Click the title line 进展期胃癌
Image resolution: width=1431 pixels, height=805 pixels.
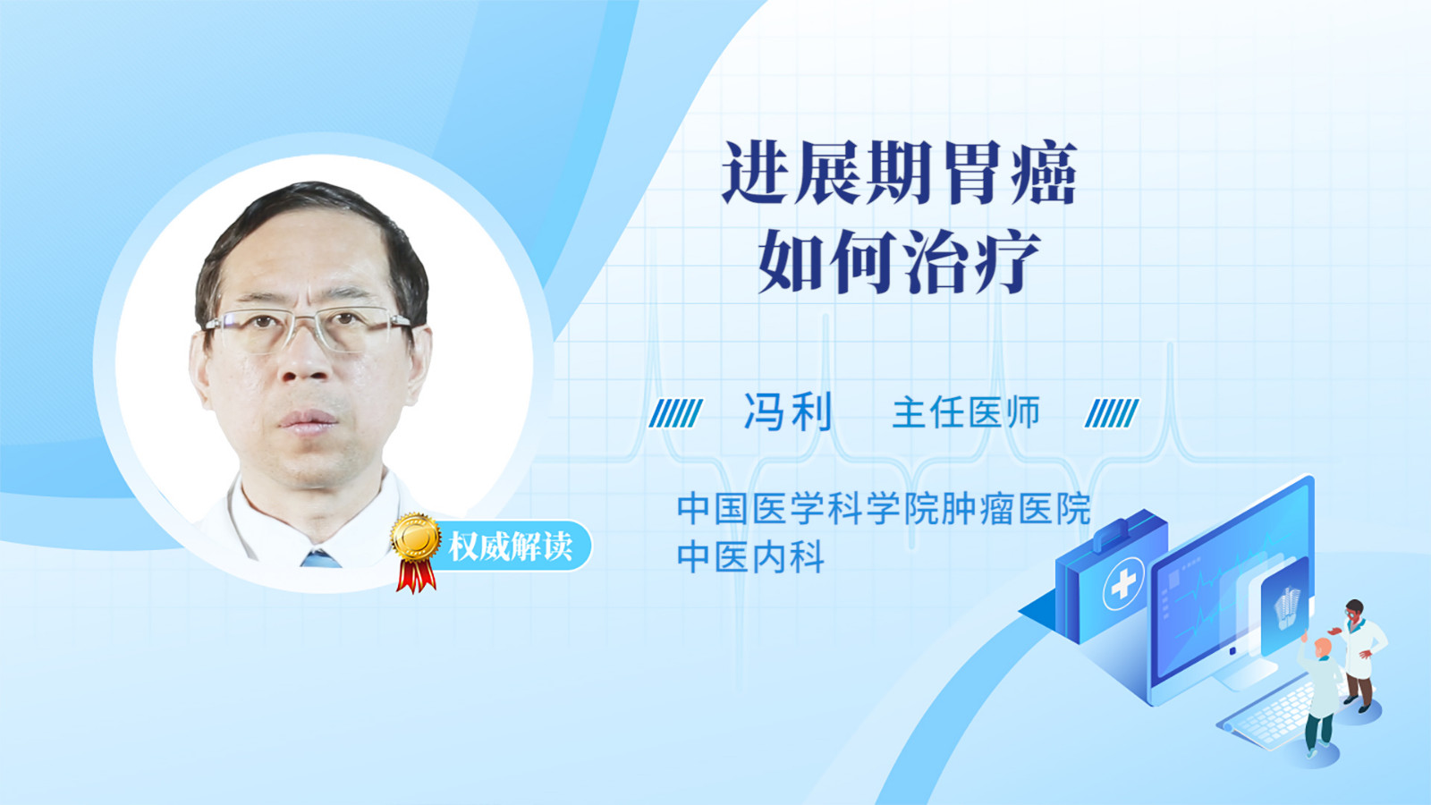[900, 173]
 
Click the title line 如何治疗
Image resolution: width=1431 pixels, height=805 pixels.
[900, 261]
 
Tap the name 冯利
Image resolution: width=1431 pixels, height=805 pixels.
[789, 412]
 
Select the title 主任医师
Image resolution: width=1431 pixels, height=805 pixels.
[967, 412]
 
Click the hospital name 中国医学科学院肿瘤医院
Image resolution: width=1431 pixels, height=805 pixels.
[885, 509]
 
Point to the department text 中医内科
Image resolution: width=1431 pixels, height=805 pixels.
[750, 556]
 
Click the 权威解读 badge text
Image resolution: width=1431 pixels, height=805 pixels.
[510, 547]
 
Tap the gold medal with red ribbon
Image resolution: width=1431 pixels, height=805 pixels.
[416, 552]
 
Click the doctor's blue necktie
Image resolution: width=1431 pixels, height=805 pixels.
[320, 559]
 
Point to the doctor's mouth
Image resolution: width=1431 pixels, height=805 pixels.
[309, 420]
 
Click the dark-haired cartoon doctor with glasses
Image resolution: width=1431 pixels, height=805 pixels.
[1359, 655]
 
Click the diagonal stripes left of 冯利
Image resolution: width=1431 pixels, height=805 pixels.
[675, 413]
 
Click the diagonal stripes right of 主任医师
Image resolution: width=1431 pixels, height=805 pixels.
[1112, 413]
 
